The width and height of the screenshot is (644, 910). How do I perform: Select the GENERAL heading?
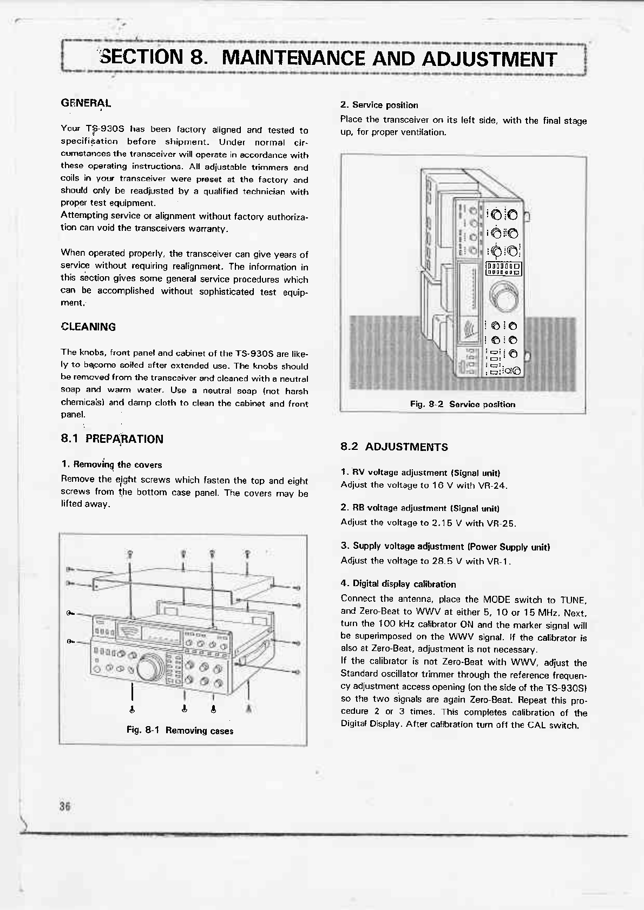click(86, 103)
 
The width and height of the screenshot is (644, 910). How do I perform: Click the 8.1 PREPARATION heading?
click(112, 439)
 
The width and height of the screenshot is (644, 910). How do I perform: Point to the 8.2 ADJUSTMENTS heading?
click(394, 447)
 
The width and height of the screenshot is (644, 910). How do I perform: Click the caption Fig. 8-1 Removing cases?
click(180, 730)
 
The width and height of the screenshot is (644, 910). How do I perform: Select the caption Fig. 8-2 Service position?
click(462, 404)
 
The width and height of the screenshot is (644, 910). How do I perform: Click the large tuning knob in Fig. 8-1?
click(150, 668)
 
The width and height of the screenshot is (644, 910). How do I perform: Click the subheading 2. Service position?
click(379, 105)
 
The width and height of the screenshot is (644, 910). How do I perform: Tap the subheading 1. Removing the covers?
click(111, 464)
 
